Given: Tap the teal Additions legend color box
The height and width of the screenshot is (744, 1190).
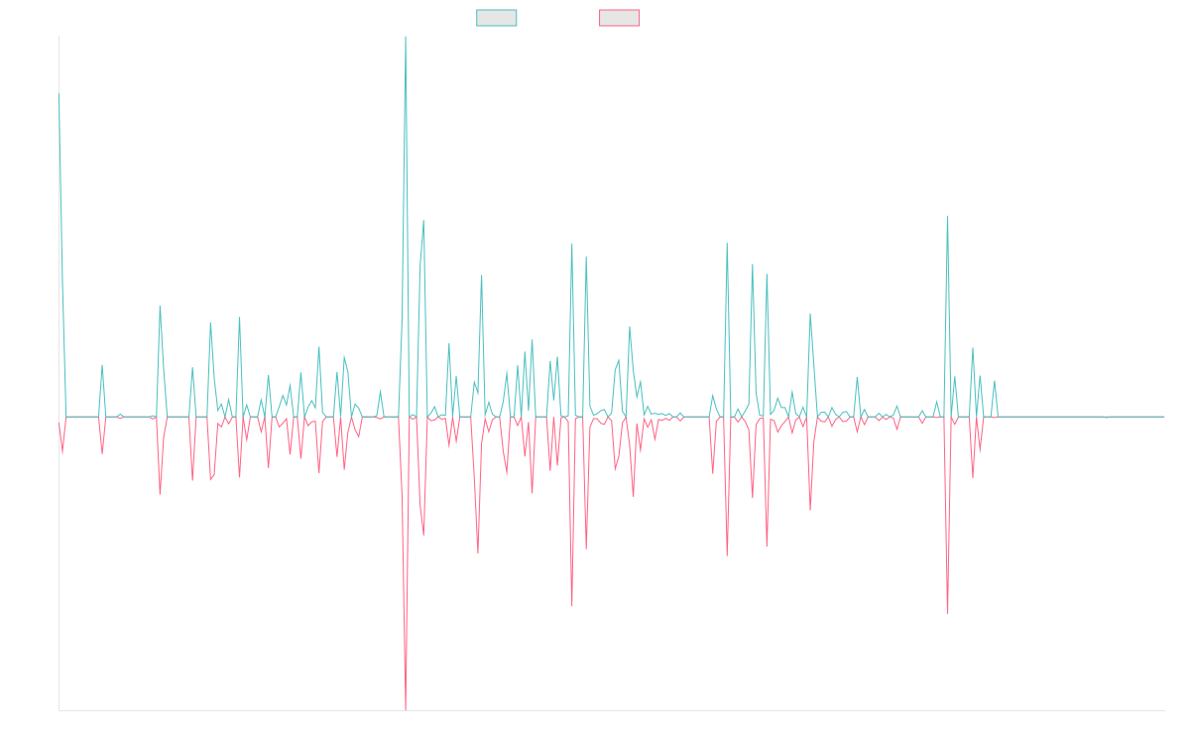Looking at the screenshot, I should point(497,18).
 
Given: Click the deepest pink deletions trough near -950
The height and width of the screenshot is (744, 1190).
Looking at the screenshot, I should point(406,678).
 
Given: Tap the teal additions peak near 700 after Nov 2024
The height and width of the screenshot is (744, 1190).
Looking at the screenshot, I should point(948,216).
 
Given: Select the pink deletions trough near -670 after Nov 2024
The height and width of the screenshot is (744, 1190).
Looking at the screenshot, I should point(947,612).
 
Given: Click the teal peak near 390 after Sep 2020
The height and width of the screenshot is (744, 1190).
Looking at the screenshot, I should point(160,307).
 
